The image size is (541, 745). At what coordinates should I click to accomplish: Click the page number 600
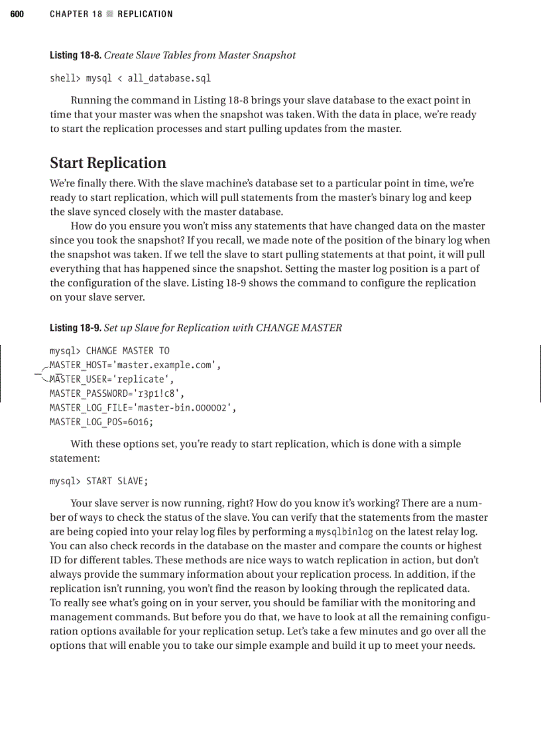point(17,14)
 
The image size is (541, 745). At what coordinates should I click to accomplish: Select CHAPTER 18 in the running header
point(76,14)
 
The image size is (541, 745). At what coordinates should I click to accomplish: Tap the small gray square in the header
point(110,14)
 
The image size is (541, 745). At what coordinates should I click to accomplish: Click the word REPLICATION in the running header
point(145,14)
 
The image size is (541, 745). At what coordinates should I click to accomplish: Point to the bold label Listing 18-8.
point(75,55)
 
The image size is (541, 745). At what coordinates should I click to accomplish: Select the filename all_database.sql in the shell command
point(169,78)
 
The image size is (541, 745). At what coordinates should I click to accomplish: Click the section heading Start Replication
point(108,163)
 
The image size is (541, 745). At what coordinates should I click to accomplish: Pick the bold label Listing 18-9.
point(75,328)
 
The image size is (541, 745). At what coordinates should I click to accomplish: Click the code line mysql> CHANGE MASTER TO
point(109,351)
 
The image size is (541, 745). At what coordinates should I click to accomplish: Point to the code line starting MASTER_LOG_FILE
point(143,408)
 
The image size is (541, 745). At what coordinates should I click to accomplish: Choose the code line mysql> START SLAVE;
point(97,481)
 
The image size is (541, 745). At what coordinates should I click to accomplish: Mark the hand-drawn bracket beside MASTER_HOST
point(42,373)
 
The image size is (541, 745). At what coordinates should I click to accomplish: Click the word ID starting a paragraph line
point(56,560)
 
